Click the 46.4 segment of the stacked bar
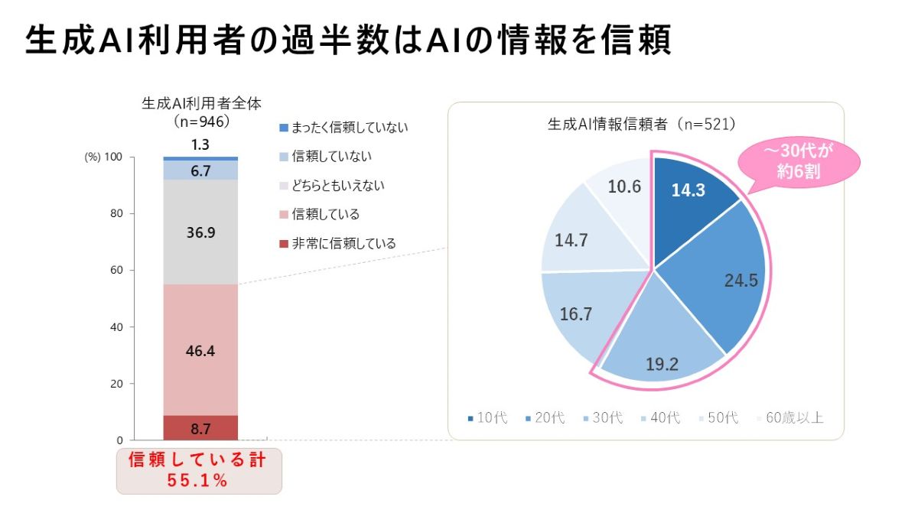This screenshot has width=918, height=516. (200, 350)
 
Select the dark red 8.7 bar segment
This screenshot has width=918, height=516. (200, 428)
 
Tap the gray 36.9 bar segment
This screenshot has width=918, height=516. (200, 232)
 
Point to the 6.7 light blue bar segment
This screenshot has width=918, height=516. (200, 170)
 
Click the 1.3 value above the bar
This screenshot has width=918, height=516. (200, 144)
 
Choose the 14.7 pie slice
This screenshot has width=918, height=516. (574, 239)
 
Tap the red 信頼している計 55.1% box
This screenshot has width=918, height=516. (199, 470)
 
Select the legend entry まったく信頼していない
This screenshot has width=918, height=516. (344, 127)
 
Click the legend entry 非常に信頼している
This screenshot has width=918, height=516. (338, 244)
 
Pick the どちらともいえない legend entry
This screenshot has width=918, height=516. (332, 186)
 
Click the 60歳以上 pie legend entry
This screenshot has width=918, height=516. (791, 418)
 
